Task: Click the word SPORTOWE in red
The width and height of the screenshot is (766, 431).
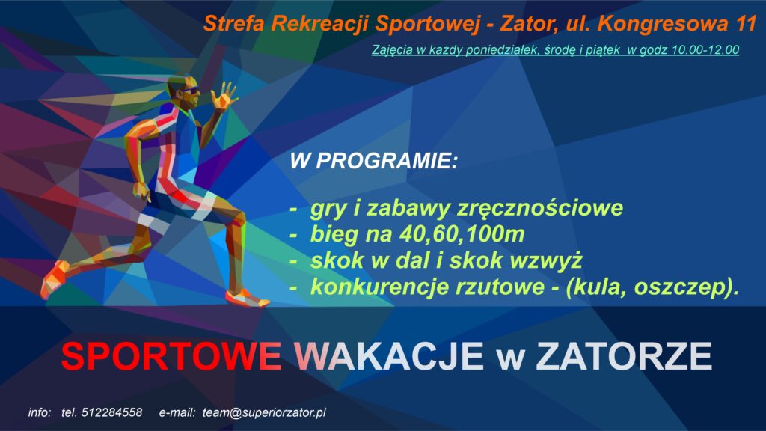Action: click(x=171, y=356)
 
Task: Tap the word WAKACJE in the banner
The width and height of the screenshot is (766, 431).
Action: click(x=389, y=356)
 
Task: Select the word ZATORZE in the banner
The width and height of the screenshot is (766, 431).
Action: click(x=624, y=356)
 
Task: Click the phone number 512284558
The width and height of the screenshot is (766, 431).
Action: click(x=111, y=412)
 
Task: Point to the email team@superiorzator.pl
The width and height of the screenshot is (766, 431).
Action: click(x=264, y=413)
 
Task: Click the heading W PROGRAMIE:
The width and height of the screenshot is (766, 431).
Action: click(x=374, y=161)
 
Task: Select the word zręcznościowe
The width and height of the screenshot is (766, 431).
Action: click(x=540, y=209)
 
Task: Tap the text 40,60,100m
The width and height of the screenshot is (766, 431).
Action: click(x=462, y=234)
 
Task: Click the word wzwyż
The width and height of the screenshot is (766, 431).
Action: click(x=545, y=260)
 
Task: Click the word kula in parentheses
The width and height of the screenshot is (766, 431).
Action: click(x=597, y=287)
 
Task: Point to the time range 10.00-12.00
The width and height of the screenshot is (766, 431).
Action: click(x=705, y=50)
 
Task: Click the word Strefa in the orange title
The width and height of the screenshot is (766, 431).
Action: click(x=233, y=23)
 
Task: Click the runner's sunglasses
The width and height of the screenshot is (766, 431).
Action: click(x=189, y=90)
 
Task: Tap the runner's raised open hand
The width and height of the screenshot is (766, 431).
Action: click(x=224, y=95)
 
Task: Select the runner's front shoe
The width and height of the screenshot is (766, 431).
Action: click(x=247, y=298)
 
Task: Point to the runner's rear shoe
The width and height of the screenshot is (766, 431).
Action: click(x=53, y=280)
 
